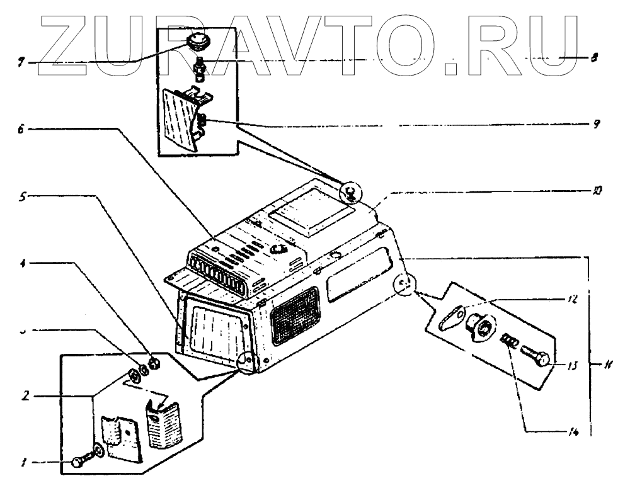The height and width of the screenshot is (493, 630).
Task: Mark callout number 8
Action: (x=595, y=57)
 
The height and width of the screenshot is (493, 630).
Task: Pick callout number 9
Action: (x=595, y=125)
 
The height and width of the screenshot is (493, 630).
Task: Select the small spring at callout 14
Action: (x=509, y=341)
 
